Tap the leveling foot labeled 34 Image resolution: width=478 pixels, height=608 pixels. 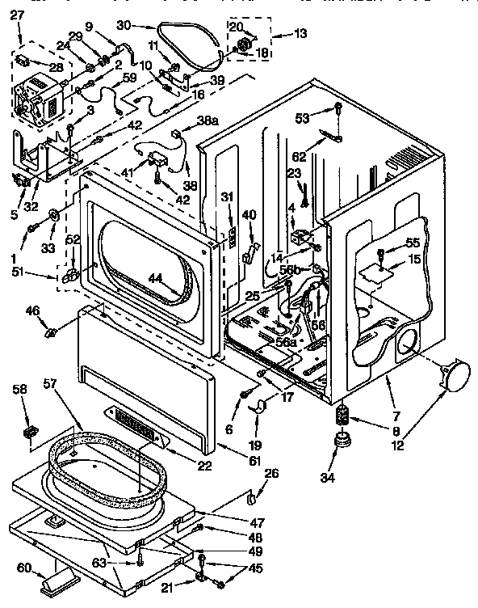tap(342, 443)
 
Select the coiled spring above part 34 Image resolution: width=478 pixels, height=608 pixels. tap(342, 417)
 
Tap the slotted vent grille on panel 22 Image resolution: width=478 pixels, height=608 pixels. tap(133, 421)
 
